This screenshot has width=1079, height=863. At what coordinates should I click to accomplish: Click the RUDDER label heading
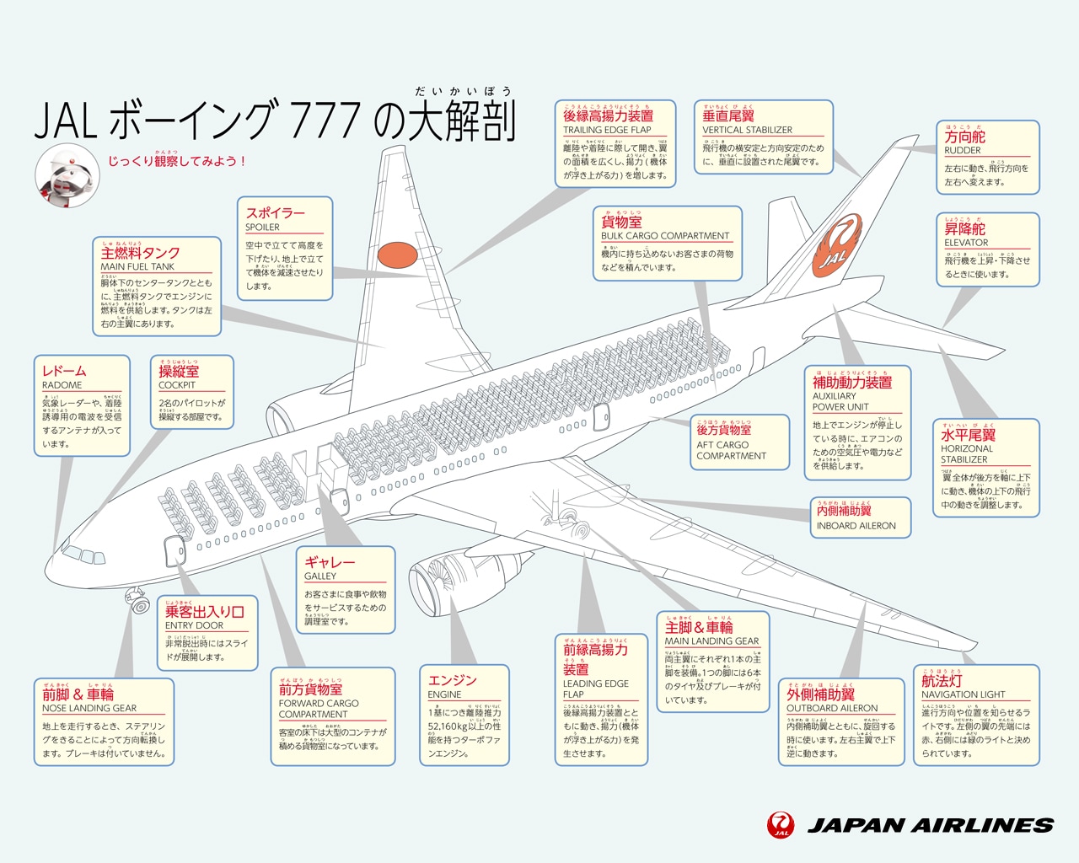(x=963, y=150)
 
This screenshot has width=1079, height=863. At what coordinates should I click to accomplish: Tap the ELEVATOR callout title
(x=966, y=243)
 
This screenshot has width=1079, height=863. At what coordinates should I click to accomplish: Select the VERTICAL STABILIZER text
(x=747, y=130)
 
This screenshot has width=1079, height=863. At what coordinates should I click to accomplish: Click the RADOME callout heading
(x=62, y=385)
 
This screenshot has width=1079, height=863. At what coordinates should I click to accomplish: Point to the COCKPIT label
(x=177, y=385)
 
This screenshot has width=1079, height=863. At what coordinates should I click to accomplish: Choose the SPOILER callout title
(x=263, y=228)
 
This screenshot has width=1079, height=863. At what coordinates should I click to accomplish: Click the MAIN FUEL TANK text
(x=137, y=266)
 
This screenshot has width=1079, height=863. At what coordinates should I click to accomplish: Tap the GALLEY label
(x=320, y=576)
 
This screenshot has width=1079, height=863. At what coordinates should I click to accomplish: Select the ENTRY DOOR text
(x=195, y=625)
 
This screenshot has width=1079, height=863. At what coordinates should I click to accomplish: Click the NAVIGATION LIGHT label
(x=964, y=694)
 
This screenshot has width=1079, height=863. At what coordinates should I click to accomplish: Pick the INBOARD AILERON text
(x=856, y=526)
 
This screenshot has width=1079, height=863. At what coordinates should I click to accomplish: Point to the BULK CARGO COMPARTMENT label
(x=665, y=236)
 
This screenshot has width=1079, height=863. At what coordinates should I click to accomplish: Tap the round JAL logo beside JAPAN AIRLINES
(x=781, y=826)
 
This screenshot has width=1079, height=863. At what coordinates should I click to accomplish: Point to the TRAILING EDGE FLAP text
(x=607, y=130)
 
